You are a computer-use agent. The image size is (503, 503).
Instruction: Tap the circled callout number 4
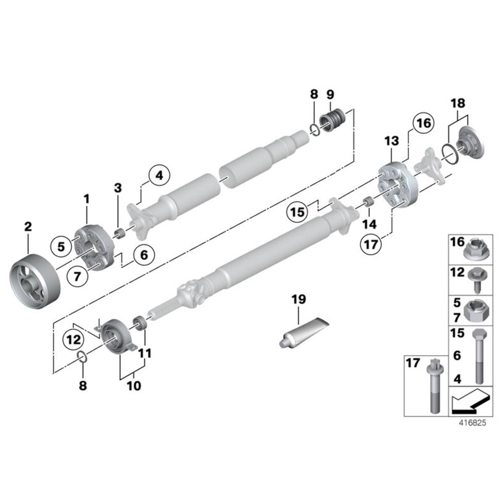pos(159,176)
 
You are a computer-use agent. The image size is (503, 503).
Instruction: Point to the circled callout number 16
pos(422,123)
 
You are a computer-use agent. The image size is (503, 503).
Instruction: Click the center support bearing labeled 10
pos(119,335)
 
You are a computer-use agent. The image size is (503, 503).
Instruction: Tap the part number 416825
pos(472,423)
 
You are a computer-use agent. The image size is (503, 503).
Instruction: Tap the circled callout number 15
pos(297,212)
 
